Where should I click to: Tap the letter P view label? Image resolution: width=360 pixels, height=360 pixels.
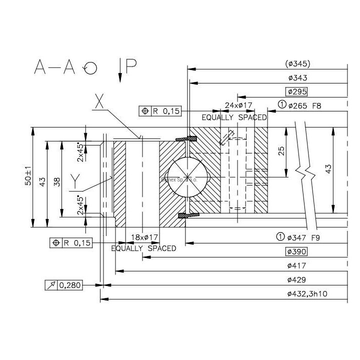(x=131, y=66)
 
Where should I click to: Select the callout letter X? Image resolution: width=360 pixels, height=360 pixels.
(x=99, y=102)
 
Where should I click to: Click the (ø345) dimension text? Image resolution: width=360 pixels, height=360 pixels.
(x=298, y=63)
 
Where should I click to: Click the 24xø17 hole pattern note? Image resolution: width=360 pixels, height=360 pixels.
(x=238, y=105)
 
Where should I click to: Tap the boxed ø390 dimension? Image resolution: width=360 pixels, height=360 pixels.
(x=295, y=251)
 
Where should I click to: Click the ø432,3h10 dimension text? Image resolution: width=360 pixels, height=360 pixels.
(x=307, y=294)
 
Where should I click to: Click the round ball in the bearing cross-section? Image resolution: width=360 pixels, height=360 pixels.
(x=185, y=178)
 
